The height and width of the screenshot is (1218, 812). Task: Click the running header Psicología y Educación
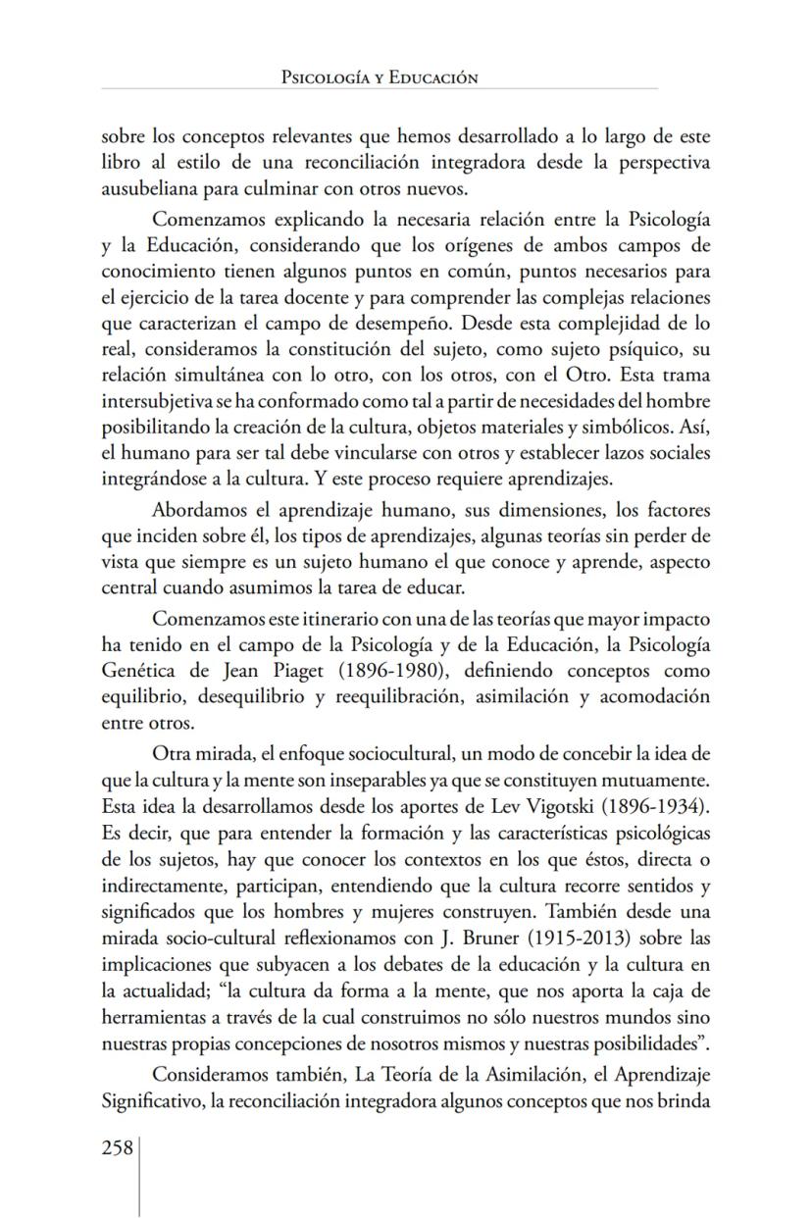[x=379, y=77]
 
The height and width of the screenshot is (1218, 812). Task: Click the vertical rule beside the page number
[x=140, y=1177]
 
